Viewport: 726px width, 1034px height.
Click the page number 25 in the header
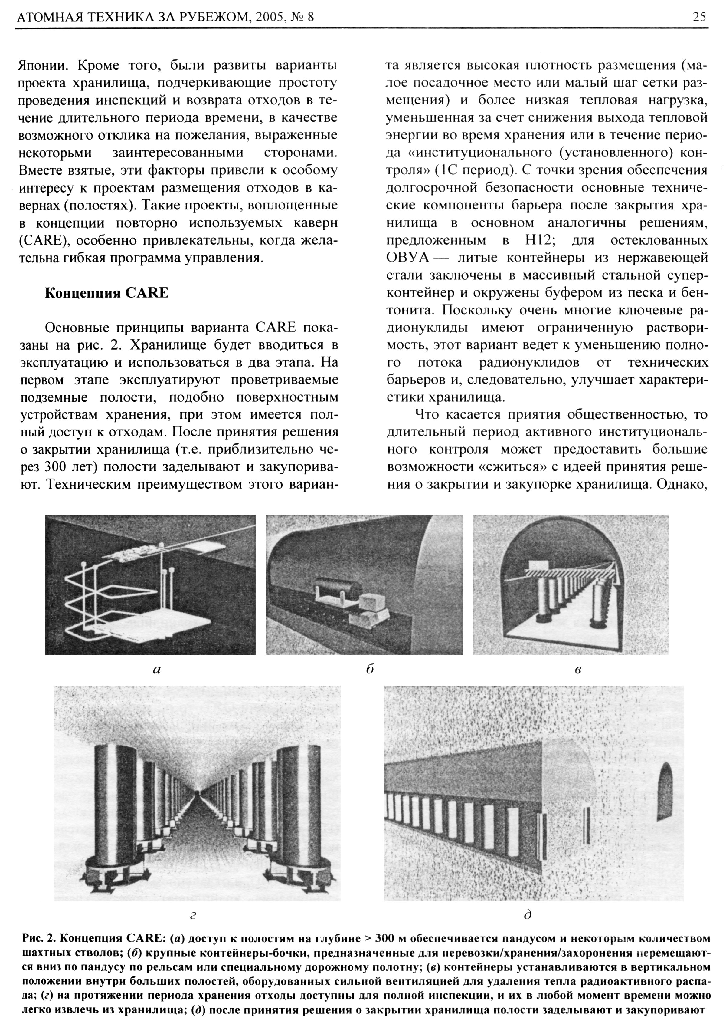point(699,17)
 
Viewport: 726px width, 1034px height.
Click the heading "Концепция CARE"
point(107,293)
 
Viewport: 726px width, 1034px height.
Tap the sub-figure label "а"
point(157,670)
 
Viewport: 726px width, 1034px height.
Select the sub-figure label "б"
point(370,670)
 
